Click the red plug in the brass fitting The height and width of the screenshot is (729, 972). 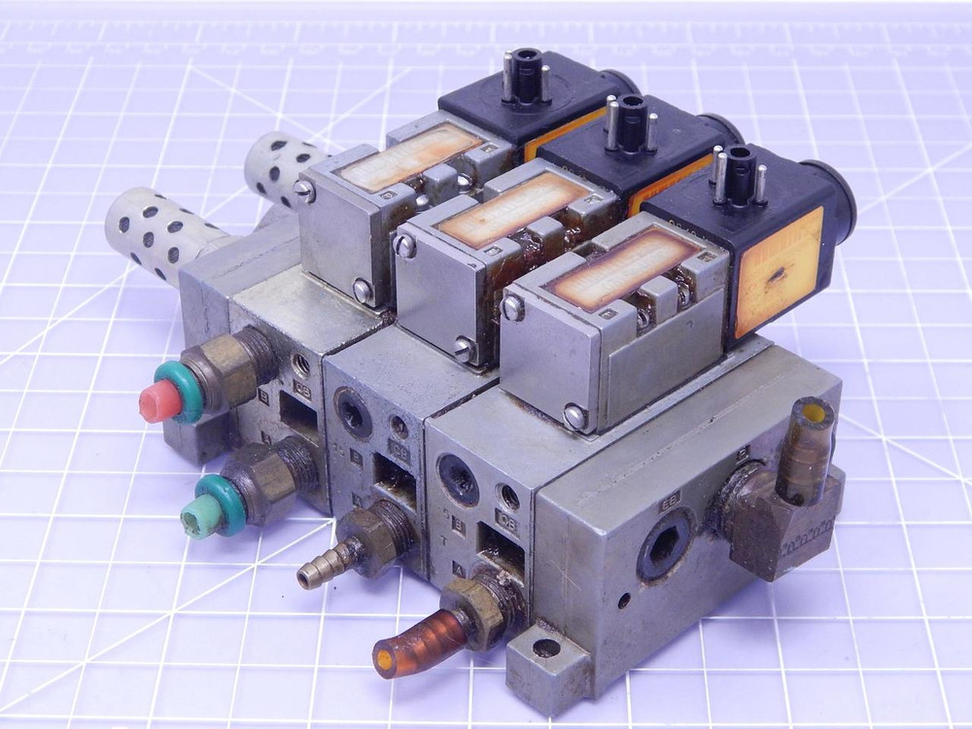156,401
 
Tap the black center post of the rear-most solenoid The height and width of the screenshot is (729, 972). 524,73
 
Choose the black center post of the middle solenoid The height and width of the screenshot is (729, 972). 631,112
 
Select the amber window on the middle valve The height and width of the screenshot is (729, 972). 515,210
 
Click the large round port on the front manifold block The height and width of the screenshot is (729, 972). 458,477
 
